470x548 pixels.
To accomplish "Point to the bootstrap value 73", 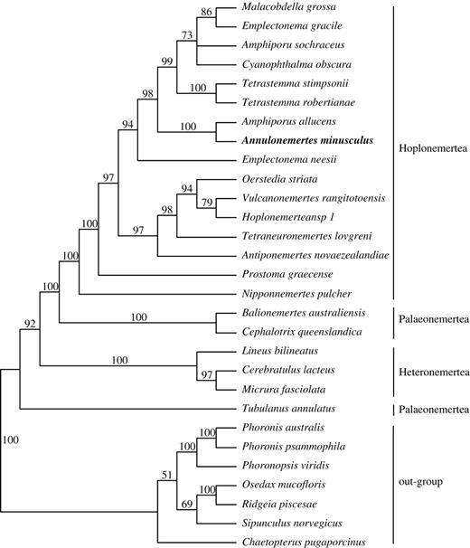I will pyautogui.click(x=186, y=35).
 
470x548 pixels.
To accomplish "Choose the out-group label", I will pyautogui.click(x=425, y=481).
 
